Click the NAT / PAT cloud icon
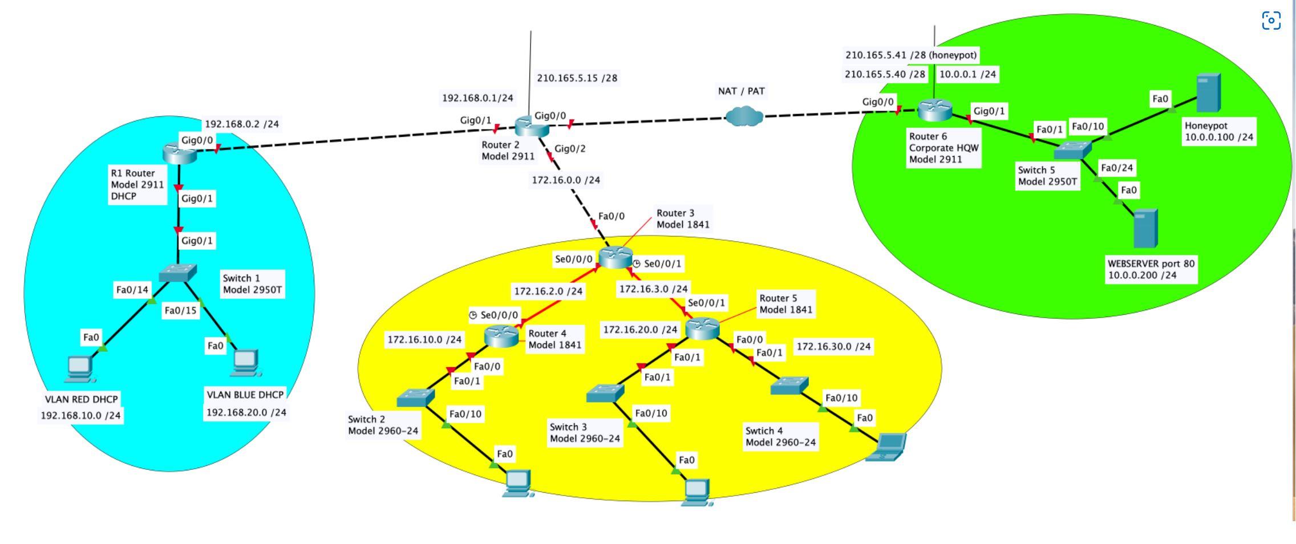point(744,117)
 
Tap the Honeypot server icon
point(1208,93)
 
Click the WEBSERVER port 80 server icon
point(1145,229)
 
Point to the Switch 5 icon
point(1072,150)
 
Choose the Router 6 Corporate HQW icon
point(935,110)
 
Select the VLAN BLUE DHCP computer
point(246,363)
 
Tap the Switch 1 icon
point(178,273)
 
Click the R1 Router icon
point(179,152)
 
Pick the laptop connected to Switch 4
point(886,447)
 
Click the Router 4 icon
point(501,336)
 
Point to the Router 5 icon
point(702,328)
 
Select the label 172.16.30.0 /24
point(833,346)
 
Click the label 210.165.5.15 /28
point(577,78)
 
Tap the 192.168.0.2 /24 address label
point(242,124)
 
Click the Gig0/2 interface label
point(570,149)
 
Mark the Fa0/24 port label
point(1116,168)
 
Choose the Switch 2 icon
point(415,397)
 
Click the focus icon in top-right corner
point(1271,21)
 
